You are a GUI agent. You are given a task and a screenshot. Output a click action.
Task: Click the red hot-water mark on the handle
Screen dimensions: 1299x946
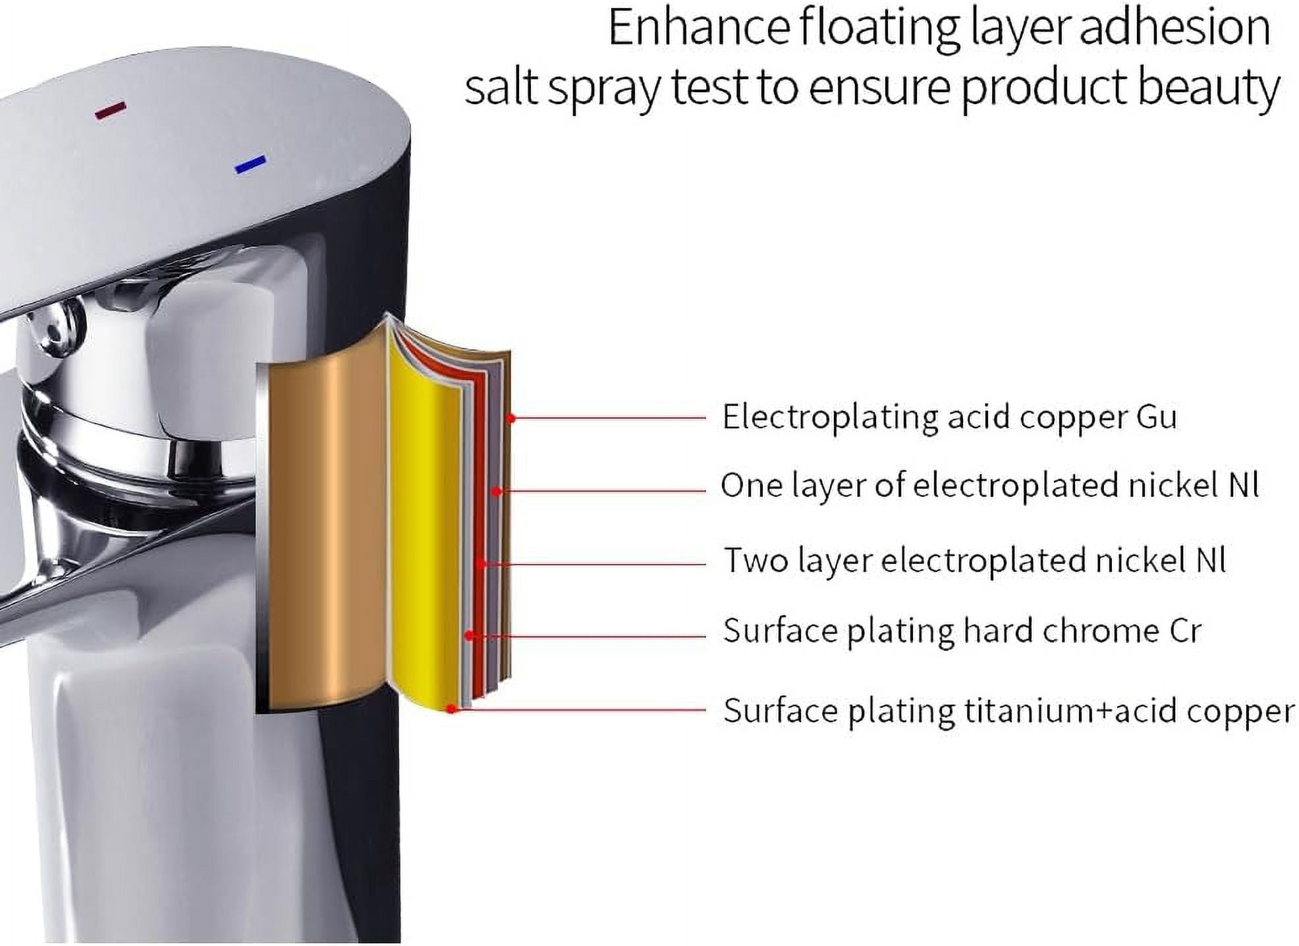coord(110,110)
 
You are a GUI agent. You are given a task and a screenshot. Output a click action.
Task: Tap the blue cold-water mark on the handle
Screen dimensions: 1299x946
coord(251,164)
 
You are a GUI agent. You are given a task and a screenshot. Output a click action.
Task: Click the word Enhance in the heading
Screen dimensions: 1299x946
coord(699,28)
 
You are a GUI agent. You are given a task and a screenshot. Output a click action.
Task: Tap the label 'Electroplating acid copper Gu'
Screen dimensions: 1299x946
coord(949,418)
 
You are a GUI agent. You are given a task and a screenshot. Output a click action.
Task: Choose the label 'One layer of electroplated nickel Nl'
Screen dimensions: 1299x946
coord(989,486)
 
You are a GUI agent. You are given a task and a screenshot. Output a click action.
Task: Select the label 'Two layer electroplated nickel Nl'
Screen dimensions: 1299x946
coord(975,561)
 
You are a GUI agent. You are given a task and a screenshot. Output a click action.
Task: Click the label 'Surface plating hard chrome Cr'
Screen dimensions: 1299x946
coord(962,630)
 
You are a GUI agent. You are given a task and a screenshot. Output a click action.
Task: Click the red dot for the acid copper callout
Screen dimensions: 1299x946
coord(511,418)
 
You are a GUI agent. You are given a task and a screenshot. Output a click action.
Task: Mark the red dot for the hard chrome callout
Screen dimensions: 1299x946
coord(469,636)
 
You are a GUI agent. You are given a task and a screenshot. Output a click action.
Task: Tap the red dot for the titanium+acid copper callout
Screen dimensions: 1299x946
coord(451,709)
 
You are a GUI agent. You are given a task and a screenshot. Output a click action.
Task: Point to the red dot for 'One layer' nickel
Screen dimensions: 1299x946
coord(497,491)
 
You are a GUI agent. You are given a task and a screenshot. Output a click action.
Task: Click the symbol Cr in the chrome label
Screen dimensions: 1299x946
coord(1185,630)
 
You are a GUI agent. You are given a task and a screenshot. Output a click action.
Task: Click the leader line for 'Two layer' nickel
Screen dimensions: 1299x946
coord(594,564)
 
